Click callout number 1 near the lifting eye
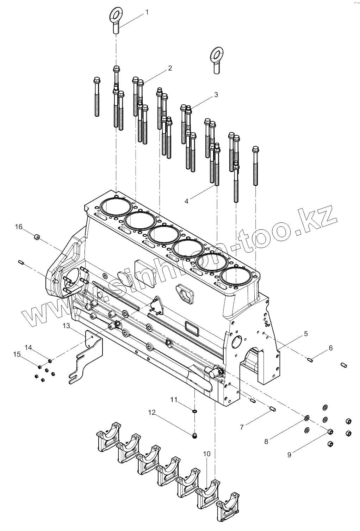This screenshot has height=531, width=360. pyautogui.click(x=147, y=12)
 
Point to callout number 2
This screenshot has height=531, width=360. pyautogui.click(x=170, y=68)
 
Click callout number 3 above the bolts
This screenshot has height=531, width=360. pyautogui.click(x=216, y=95)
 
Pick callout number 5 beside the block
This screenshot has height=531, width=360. pyautogui.click(x=306, y=333)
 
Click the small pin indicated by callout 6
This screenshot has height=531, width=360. pyautogui.click(x=310, y=359)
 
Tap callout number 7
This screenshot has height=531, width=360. pyautogui.click(x=242, y=427)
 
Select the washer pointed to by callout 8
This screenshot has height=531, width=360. pyautogui.click(x=307, y=418)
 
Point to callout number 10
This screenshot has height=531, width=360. pyautogui.click(x=207, y=454)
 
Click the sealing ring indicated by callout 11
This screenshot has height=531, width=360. pyautogui.click(x=195, y=410)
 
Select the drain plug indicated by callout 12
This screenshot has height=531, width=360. pyautogui.click(x=195, y=437)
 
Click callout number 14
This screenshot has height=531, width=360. pyautogui.click(x=28, y=348)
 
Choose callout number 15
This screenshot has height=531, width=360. pyautogui.click(x=17, y=354)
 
